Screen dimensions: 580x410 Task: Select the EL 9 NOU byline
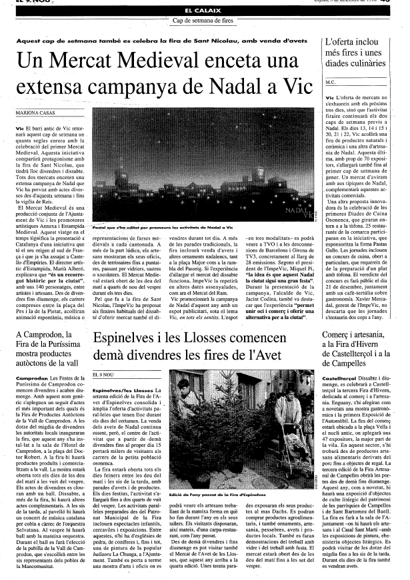(105, 376)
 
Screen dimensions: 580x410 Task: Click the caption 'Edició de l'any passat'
(210, 495)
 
